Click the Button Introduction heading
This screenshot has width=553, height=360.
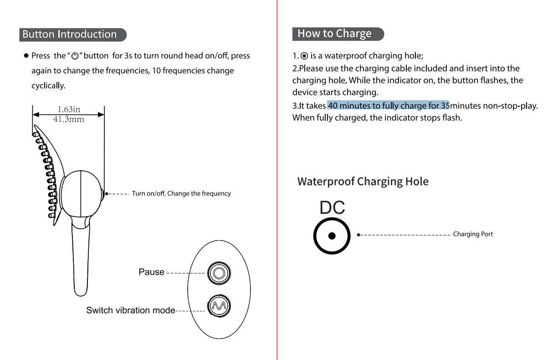[70, 34]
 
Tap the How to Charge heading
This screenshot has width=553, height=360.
[335, 34]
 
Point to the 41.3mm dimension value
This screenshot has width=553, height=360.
[69, 120]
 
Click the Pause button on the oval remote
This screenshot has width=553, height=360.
[219, 273]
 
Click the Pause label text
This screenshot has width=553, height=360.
[151, 272]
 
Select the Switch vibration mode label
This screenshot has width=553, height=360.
[131, 310]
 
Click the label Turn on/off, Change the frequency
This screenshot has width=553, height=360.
[181, 194]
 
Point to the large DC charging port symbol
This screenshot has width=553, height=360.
[332, 236]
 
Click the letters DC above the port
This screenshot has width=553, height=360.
[332, 208]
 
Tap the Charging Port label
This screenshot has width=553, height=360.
[473, 234]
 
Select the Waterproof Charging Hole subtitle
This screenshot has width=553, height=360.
[363, 181]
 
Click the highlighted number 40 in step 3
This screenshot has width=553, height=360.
[333, 106]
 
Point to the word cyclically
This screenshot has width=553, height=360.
[48, 86]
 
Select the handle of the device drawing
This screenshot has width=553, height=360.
[81, 260]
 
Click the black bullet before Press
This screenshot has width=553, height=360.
[27, 56]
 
